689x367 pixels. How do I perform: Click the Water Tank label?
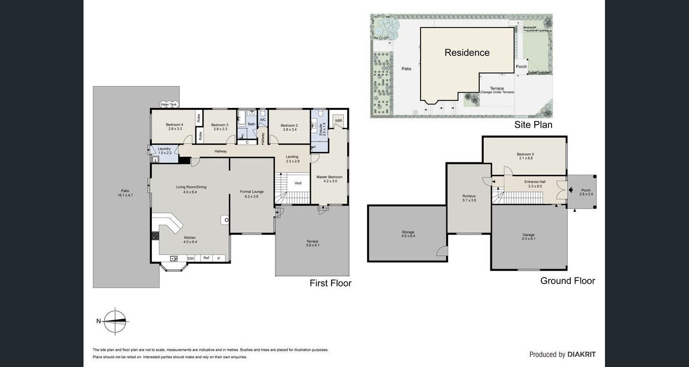169,104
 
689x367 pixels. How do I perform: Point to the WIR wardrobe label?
338,121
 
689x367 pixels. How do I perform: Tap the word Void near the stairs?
298,183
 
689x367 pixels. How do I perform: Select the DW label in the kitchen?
190,259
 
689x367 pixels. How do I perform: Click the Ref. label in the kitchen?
206,258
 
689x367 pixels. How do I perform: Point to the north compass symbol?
116,321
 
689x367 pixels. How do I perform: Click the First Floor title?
330,283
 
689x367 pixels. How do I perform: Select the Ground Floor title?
567,280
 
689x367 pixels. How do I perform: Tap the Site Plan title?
533,124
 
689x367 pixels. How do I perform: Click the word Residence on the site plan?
467,52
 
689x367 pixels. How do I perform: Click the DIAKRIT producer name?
582,354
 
